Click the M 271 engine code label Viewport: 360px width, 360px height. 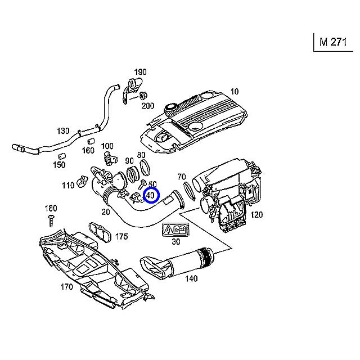point(333,42)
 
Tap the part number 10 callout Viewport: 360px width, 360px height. point(235,91)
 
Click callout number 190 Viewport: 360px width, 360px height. point(140,72)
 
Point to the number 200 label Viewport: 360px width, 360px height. point(147,106)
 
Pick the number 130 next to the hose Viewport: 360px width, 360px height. point(63,131)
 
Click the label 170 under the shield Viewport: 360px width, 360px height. point(66,287)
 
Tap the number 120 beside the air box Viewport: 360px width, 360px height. point(256,214)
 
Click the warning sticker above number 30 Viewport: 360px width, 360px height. point(175,230)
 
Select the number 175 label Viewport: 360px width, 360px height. point(121,237)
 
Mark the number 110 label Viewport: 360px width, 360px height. point(68,186)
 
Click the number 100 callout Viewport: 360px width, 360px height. point(107,146)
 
